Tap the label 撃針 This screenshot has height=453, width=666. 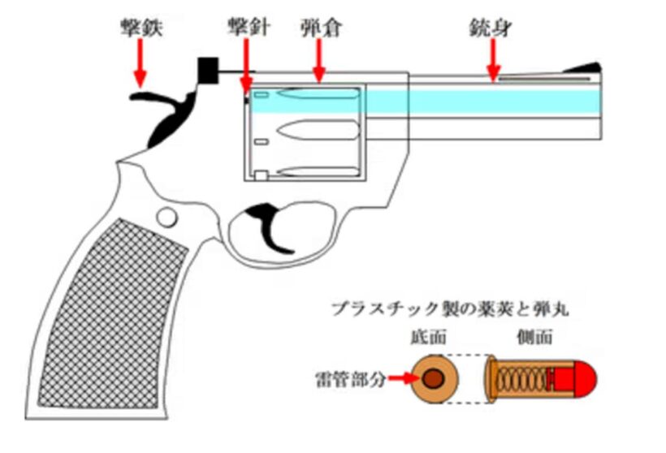[243, 28]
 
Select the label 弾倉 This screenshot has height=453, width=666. [318, 28]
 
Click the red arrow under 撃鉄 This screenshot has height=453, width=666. [140, 63]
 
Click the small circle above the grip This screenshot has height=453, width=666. [167, 216]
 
